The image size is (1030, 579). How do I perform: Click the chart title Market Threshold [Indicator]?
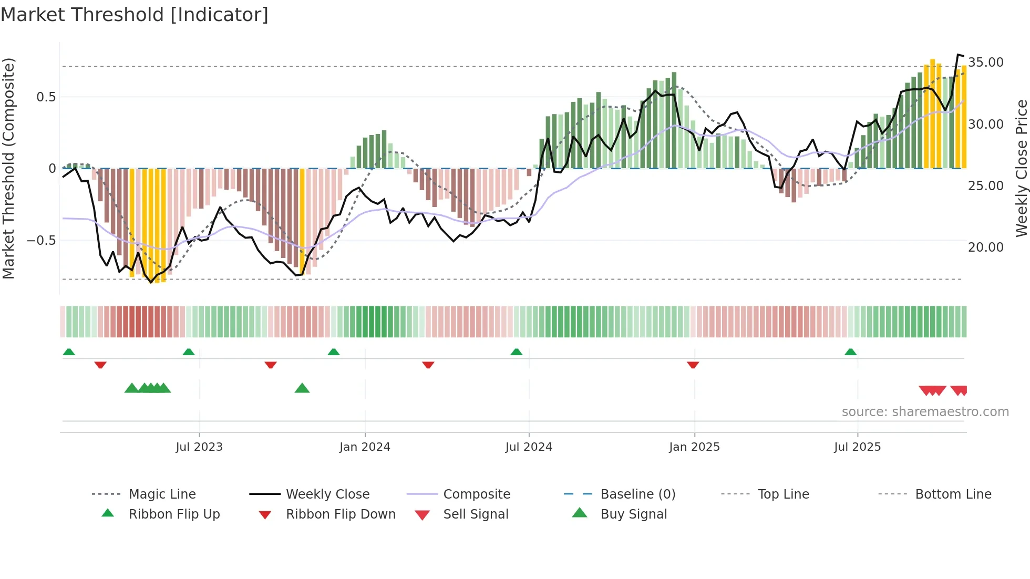tap(135, 15)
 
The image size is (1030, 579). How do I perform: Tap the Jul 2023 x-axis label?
tap(199, 447)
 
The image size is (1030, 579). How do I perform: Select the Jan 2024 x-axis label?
tap(365, 447)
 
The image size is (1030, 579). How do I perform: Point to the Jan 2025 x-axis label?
tap(694, 447)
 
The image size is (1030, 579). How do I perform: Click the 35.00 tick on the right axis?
tap(985, 63)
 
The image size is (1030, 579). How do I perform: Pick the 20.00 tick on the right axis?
tap(985, 247)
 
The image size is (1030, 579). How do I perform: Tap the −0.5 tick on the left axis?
tap(41, 241)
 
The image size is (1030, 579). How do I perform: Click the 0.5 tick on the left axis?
tap(46, 97)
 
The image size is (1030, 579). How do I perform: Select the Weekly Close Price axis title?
tap(1021, 168)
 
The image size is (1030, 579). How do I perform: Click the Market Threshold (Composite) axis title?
tap(8, 168)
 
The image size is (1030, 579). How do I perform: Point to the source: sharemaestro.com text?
tap(925, 412)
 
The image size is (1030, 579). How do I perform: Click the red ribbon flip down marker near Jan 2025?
tap(693, 365)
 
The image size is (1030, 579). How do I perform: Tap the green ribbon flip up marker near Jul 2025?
tap(850, 352)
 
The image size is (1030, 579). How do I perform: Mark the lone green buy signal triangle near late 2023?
tap(302, 388)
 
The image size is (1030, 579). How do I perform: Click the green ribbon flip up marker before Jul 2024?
tap(517, 352)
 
